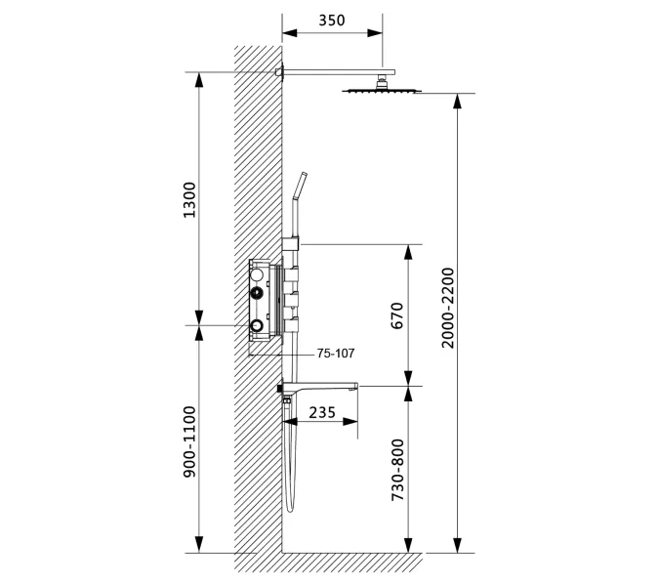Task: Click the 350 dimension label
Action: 332,21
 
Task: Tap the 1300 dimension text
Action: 189,199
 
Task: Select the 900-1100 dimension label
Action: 189,441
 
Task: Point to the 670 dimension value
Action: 397,315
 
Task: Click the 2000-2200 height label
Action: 448,308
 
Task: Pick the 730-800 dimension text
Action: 397,470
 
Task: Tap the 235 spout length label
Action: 322,413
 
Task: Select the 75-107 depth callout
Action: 336,354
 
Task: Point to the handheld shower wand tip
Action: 304,175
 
